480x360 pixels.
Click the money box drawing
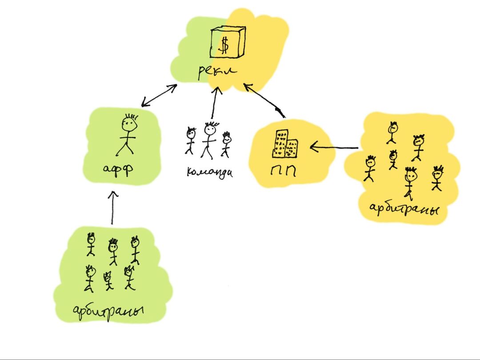click(x=228, y=42)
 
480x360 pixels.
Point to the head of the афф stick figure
click(x=129, y=124)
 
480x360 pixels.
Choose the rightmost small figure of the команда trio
click(x=226, y=144)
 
